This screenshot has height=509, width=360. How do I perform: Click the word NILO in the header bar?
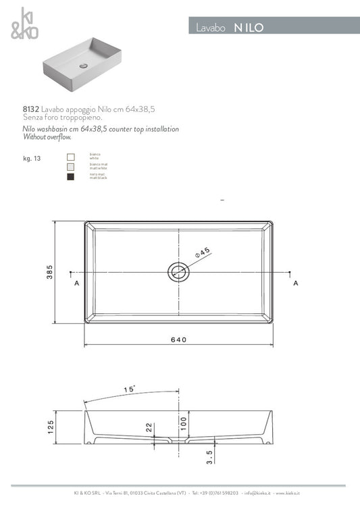pos(249,28)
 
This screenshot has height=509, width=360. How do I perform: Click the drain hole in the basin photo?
pos(83,66)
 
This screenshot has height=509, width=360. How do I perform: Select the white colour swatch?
pos(70,156)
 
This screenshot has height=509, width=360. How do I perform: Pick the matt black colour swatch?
pos(70,177)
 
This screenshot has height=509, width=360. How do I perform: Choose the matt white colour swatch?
pos(70,166)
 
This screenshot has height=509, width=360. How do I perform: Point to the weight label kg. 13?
pos(32,159)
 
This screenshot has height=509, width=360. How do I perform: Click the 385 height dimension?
pos(49,271)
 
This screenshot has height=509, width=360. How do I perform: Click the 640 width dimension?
pos(179,340)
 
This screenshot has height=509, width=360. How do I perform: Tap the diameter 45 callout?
pos(203,252)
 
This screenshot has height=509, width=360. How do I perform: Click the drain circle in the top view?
pos(178,272)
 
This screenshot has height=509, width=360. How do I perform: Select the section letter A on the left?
pos(76,284)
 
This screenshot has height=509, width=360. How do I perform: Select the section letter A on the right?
pos(296,284)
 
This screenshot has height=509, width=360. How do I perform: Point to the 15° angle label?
pos(130,390)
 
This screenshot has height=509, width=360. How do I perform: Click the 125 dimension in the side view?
pos(50,427)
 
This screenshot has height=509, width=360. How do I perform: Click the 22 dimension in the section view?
pos(149,427)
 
